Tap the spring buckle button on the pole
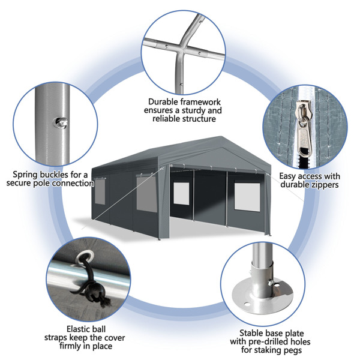(x=61, y=122)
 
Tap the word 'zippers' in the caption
(x=324, y=185)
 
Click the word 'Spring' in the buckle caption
(x=25, y=175)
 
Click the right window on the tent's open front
(x=247, y=197)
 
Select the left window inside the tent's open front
(x=181, y=194)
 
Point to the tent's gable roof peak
(x=221, y=137)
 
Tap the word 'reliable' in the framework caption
(x=166, y=119)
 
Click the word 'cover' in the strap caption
(x=115, y=338)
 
